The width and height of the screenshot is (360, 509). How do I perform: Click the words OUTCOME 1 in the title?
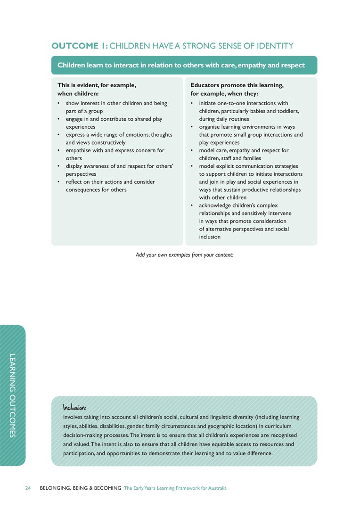80,46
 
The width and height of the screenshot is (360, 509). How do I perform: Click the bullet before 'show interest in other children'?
58,103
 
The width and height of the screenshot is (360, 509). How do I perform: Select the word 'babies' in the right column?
264,111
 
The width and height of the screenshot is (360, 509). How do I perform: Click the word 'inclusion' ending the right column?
210,237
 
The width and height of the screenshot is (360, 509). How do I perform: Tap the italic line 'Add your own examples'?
184,255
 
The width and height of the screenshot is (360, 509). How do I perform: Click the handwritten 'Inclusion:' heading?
74,407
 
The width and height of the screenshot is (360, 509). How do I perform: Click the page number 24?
28,488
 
